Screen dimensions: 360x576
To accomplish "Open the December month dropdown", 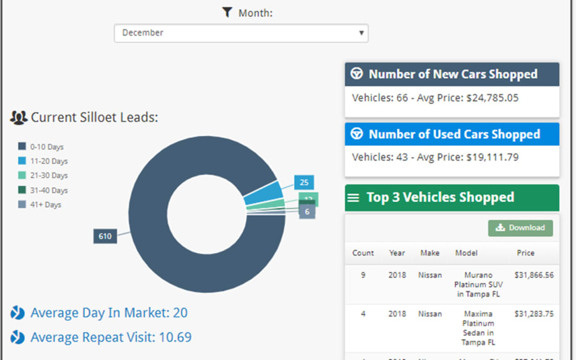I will click(x=241, y=33).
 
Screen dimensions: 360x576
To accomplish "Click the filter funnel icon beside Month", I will click(x=227, y=13).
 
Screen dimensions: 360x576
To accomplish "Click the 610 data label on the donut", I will click(x=105, y=236).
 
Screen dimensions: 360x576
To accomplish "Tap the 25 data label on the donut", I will click(x=304, y=183).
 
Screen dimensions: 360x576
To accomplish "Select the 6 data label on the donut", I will click(x=307, y=212).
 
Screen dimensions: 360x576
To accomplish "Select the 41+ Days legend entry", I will click(x=40, y=205).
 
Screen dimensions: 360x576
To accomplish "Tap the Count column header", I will click(x=363, y=253).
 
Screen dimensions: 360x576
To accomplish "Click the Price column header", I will click(x=525, y=253).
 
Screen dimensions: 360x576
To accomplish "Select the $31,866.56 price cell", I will click(x=534, y=275).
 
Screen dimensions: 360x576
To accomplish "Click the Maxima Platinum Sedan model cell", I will click(x=479, y=323).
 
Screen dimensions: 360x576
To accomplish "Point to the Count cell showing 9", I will click(x=363, y=275).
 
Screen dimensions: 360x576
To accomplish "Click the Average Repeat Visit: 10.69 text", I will click(x=111, y=337).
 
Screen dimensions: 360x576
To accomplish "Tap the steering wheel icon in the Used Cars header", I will click(x=356, y=134).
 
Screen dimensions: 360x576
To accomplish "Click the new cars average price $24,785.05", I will click(x=492, y=98).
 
